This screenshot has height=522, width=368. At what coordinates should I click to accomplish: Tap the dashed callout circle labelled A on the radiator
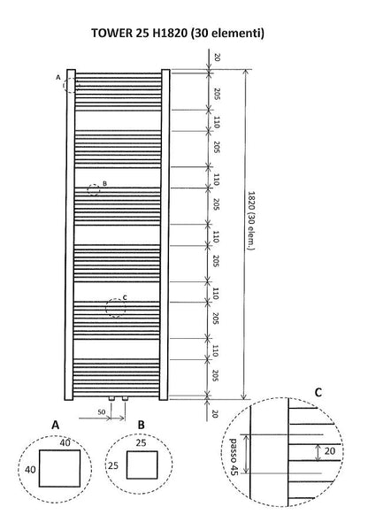click(x=71, y=84)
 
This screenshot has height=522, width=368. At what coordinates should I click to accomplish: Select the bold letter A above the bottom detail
click(x=55, y=424)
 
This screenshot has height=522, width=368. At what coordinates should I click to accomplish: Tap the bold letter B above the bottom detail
click(x=142, y=424)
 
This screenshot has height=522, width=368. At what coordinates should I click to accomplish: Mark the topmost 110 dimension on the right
click(x=215, y=123)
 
